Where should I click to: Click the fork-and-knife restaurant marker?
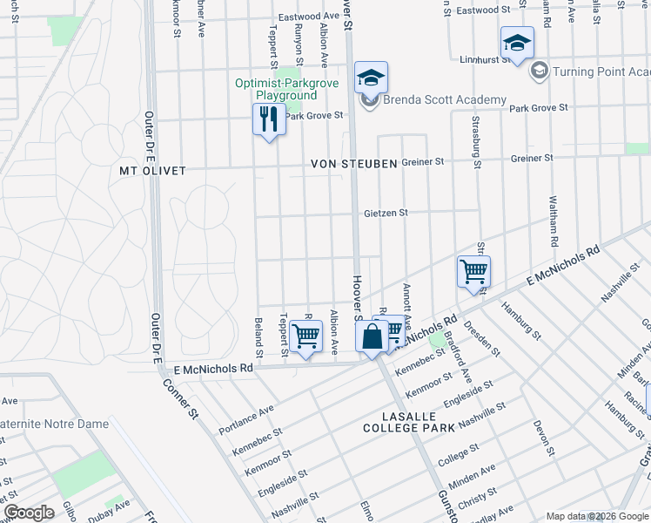click(x=269, y=119)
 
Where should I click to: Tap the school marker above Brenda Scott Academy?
click(x=371, y=78)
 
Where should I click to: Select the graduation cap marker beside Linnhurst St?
click(x=517, y=43)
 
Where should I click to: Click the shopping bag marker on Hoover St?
click(x=372, y=336)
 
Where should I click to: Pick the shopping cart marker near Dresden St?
click(x=473, y=271)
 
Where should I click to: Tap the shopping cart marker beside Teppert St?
click(x=305, y=335)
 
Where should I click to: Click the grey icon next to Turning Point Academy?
click(x=539, y=71)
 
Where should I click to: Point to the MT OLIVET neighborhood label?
click(x=153, y=171)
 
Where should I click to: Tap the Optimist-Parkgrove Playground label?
click(x=276, y=90)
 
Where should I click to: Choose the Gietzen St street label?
click(x=386, y=212)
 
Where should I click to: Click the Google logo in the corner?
click(x=29, y=513)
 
